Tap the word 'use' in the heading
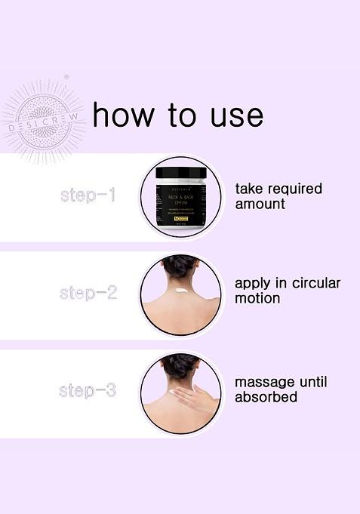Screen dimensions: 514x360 click(x=236, y=115)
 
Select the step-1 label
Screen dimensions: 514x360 click(x=88, y=195)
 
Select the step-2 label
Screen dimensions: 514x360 click(x=88, y=293)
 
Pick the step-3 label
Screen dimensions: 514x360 click(x=88, y=390)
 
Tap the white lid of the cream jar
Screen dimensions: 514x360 click(x=181, y=173)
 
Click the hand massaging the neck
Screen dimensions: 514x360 click(x=198, y=397)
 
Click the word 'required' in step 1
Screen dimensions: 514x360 click(x=292, y=189)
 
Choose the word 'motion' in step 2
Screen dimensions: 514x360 click(x=257, y=298)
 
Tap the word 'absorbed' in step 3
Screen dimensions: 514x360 click(x=266, y=397)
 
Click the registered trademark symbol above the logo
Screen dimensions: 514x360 click(x=66, y=77)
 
